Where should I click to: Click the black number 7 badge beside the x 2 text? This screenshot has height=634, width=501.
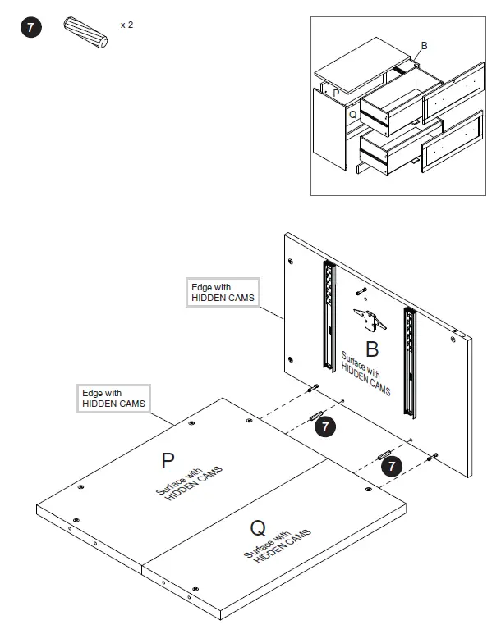(x=30, y=29)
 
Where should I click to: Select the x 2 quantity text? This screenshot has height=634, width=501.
(x=126, y=25)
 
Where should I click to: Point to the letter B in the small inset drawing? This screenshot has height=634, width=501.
(x=424, y=46)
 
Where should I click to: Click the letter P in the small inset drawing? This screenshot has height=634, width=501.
(x=336, y=94)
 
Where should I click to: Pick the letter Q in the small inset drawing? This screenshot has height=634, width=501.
(x=352, y=115)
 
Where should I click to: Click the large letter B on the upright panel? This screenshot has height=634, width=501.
(x=371, y=350)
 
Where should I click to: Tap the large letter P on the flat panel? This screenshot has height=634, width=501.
(x=168, y=461)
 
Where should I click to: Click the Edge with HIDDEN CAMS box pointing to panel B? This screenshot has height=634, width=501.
(x=223, y=293)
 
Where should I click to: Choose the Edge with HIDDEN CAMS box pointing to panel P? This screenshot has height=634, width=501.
(x=113, y=399)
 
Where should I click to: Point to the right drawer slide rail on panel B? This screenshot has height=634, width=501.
(x=409, y=359)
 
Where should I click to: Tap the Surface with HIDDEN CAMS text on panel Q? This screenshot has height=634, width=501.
(x=278, y=548)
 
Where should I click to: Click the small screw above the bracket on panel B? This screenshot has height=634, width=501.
(x=361, y=292)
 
